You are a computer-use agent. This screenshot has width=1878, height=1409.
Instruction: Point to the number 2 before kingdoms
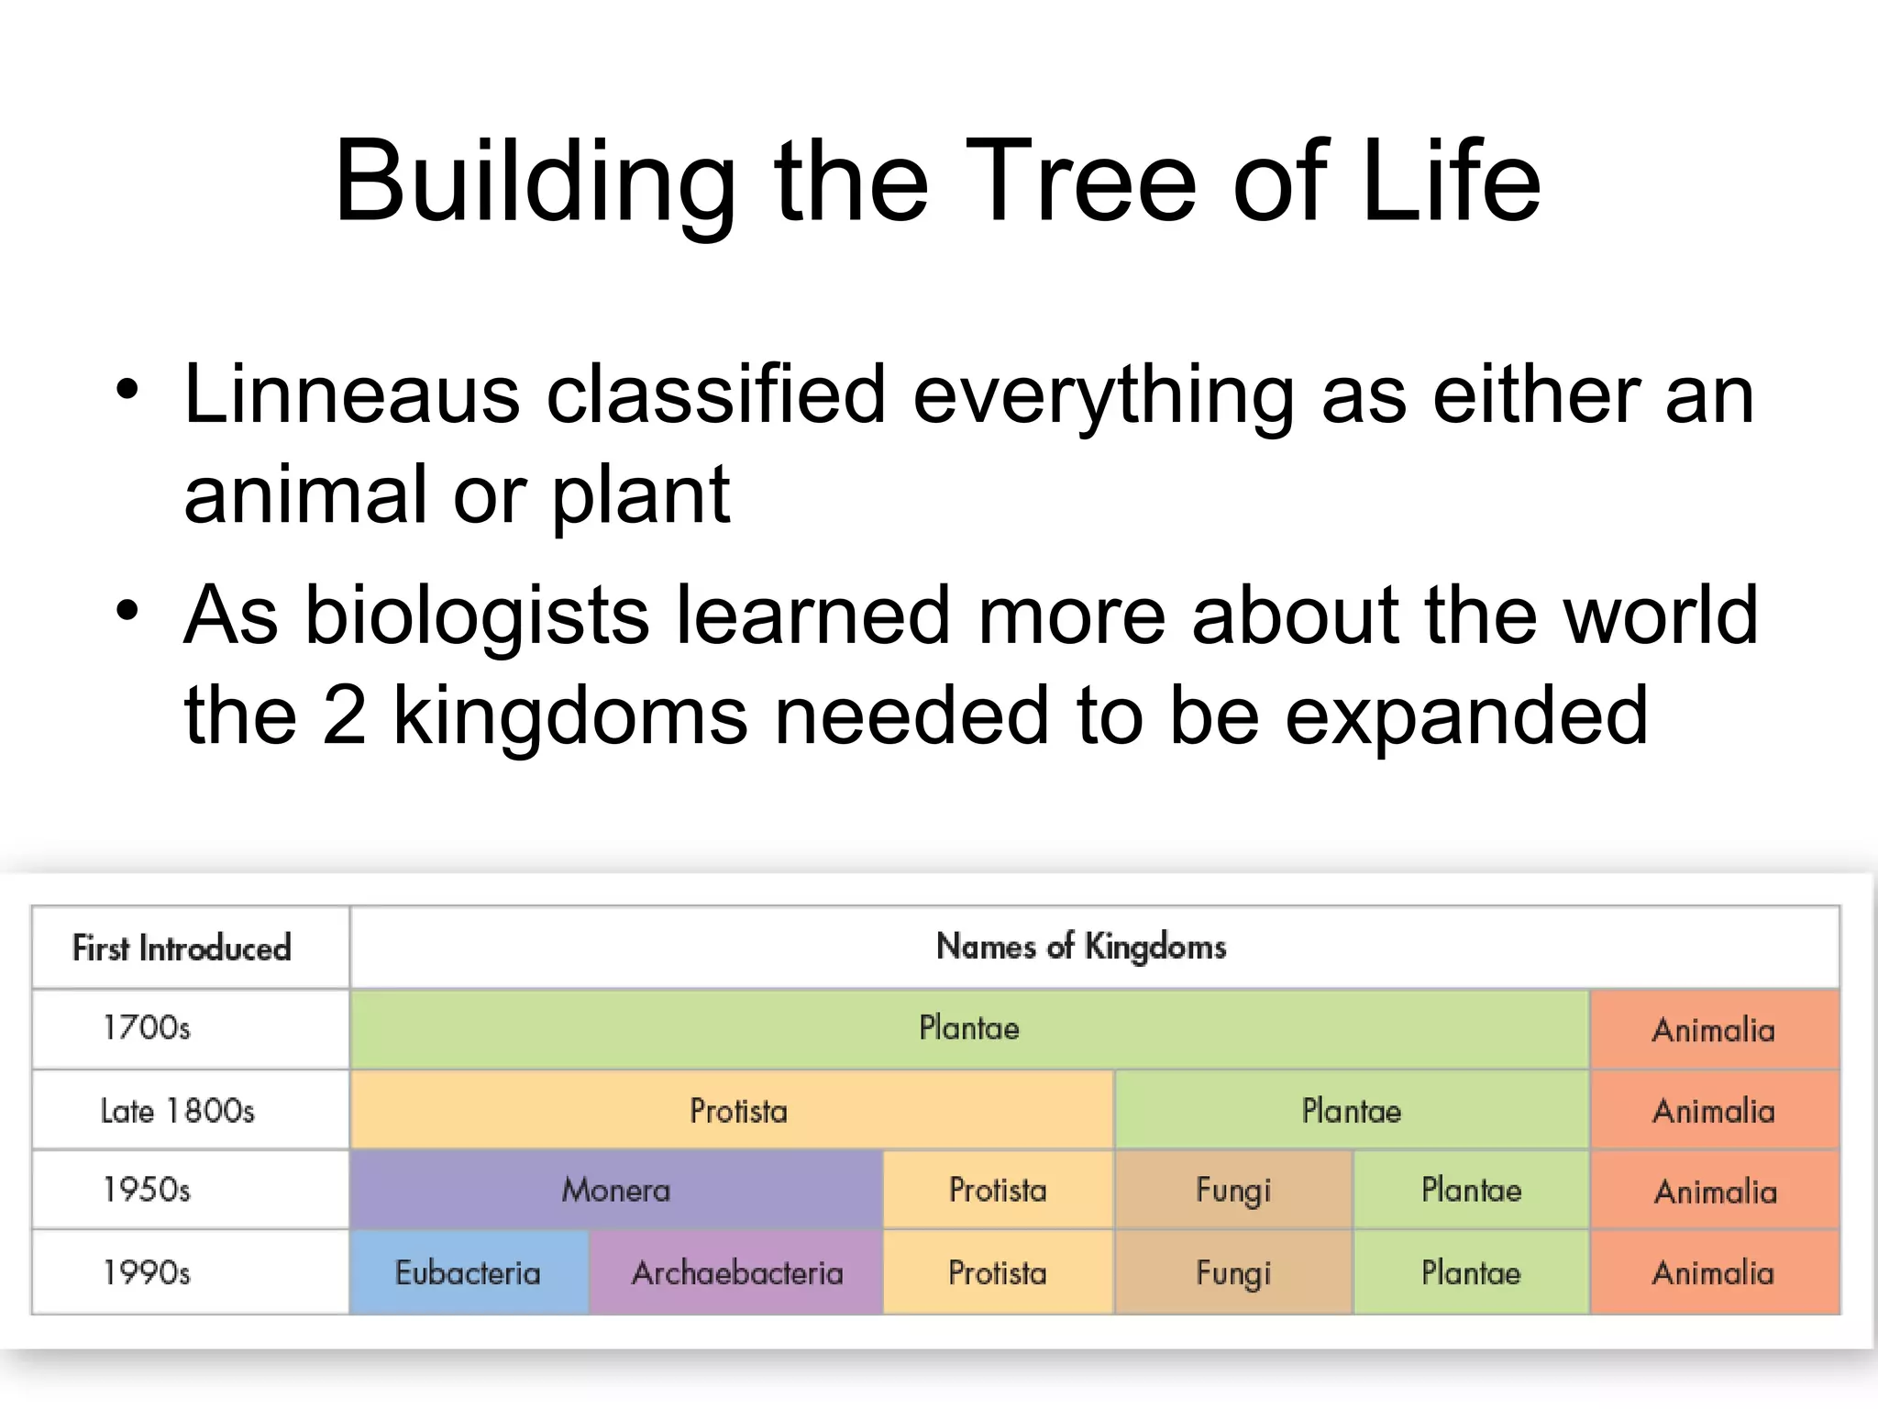[344, 716]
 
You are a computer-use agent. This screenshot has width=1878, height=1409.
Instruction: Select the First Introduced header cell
[182, 948]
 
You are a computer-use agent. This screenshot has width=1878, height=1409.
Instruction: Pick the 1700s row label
[147, 1027]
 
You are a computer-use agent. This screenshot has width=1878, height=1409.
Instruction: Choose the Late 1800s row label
[177, 1111]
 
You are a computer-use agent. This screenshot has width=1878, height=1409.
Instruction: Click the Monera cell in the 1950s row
[615, 1190]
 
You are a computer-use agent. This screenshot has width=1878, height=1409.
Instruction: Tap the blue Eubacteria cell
[468, 1273]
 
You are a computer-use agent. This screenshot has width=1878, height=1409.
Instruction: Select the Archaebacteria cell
[736, 1273]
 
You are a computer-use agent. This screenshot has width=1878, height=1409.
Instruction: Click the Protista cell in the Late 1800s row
[738, 1111]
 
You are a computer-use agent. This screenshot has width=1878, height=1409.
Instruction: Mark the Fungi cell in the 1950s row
[1233, 1190]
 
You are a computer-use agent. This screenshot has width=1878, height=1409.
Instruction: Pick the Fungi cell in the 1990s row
[1233, 1273]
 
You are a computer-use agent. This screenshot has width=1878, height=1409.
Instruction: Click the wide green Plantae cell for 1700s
[968, 1027]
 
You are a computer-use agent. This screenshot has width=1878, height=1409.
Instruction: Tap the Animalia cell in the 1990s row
[1713, 1273]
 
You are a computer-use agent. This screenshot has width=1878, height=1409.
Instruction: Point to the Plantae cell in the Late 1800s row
[1352, 1111]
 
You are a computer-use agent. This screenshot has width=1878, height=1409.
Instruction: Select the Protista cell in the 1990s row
[998, 1273]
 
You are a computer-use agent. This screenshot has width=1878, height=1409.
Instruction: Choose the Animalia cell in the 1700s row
[1713, 1029]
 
